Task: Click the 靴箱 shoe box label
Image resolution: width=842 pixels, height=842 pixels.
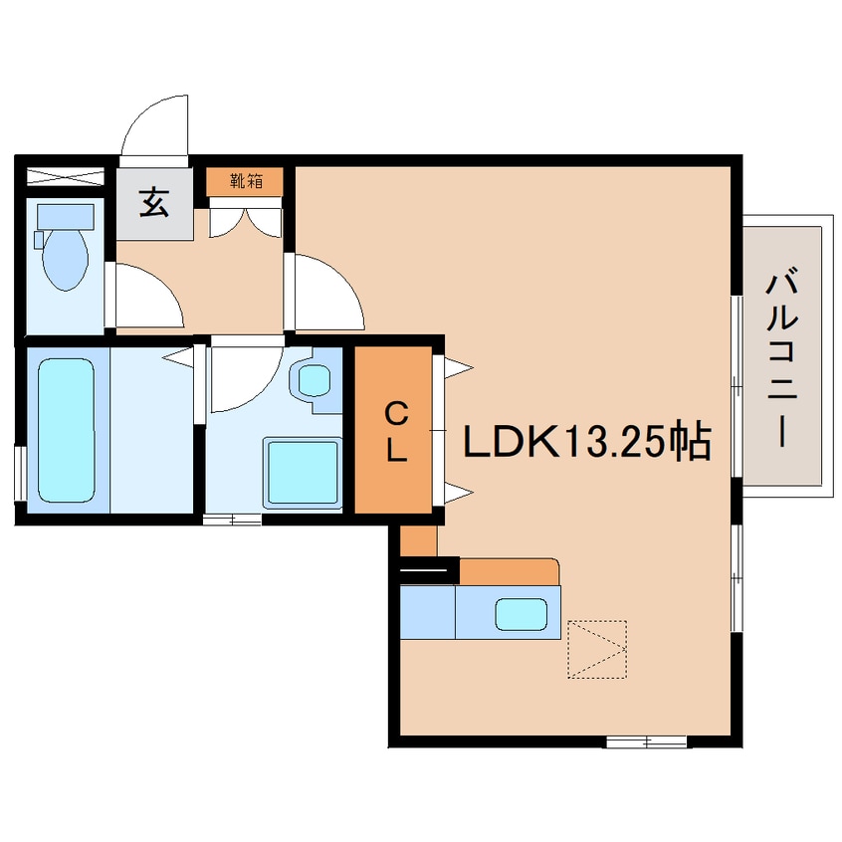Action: click(247, 181)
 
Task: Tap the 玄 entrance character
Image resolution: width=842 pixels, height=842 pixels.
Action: click(154, 203)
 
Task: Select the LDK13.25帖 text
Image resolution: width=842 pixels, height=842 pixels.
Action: click(587, 442)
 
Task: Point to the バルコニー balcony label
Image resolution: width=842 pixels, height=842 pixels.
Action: click(783, 359)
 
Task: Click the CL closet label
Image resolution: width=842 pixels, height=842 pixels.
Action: click(396, 433)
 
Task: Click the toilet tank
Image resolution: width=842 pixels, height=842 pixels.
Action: click(66, 217)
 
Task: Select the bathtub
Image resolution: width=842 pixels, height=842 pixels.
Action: click(66, 431)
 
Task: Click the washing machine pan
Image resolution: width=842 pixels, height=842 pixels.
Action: click(303, 472)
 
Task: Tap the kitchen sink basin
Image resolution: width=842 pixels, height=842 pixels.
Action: click(521, 614)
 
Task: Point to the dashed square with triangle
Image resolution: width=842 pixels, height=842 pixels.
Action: click(597, 649)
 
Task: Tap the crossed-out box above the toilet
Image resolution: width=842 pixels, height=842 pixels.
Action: click(66, 176)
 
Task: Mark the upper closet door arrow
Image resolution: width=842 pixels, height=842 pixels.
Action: click(458, 368)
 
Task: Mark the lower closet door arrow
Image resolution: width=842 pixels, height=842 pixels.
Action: click(458, 493)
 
